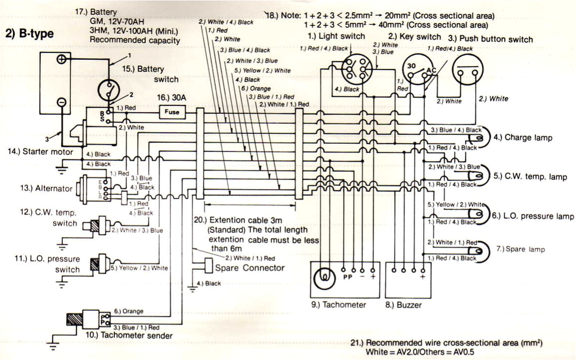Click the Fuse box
172,112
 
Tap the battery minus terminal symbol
61,102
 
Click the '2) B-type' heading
29,34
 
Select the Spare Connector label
250,268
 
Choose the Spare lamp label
527,250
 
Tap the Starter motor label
40,152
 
